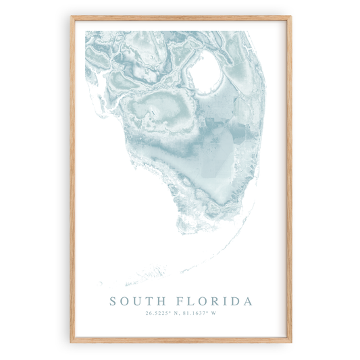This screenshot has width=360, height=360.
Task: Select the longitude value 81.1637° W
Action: pyautogui.click(x=201, y=313)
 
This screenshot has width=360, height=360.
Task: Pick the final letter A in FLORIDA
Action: pyautogui.click(x=247, y=301)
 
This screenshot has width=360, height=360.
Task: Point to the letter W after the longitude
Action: pyautogui.click(x=216, y=313)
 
